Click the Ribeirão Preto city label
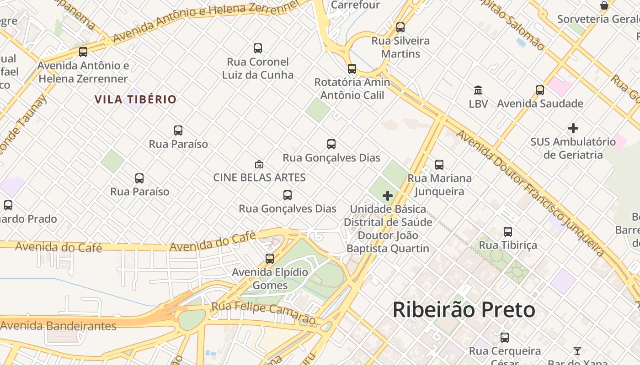coord(464,310)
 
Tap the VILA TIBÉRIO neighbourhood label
coord(135,99)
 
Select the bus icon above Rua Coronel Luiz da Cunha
coord(258,48)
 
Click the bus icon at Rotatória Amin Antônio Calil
coord(352,69)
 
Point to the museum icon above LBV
coord(478,90)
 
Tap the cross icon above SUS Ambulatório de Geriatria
coord(573,128)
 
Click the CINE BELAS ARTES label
coord(259,177)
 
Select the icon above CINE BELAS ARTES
coord(259,164)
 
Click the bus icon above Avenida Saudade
coord(540,90)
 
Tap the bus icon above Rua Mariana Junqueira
coord(439,165)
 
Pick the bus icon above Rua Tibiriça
coord(508,232)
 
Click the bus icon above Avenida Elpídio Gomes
coord(270,259)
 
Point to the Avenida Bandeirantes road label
coord(59,326)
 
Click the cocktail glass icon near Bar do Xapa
coord(577,351)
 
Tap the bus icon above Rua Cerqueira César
coord(505,338)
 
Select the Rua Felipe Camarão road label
coord(263,313)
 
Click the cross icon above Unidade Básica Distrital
coord(388,196)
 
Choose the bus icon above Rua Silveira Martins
coord(400,27)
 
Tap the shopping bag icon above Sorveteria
coord(604,5)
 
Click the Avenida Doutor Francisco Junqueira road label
coord(530,192)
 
